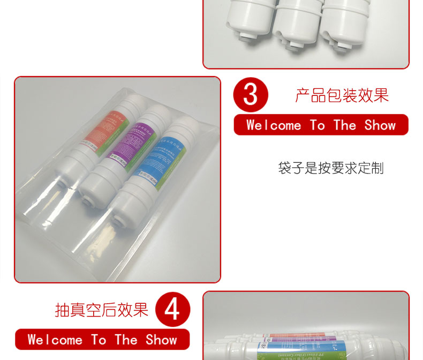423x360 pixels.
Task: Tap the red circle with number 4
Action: [172, 310]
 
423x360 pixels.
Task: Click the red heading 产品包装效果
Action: [342, 95]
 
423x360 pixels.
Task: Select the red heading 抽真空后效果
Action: [102, 310]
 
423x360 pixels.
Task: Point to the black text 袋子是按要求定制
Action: [331, 168]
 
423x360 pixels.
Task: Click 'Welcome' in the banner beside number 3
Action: [273, 125]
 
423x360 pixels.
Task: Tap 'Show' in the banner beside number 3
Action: [380, 125]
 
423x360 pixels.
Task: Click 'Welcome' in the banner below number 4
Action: [55, 340]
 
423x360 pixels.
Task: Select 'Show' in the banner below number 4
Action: [161, 340]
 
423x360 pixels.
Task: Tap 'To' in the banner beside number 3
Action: [317, 125]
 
